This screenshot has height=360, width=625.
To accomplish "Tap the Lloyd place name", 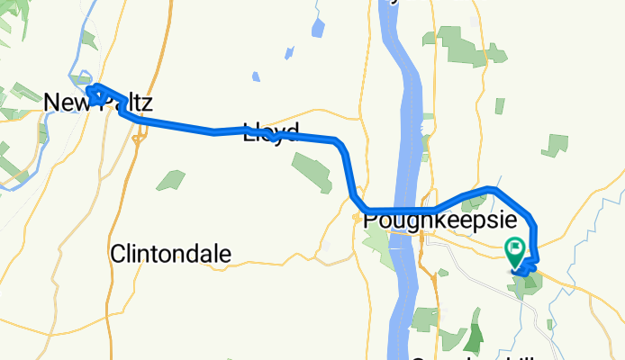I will tap(269, 132).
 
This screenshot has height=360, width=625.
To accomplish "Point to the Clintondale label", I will tap(170, 254).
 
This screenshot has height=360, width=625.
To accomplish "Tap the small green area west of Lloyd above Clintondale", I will tap(170, 180).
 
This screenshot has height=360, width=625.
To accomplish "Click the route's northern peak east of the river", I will tap(488, 189).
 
